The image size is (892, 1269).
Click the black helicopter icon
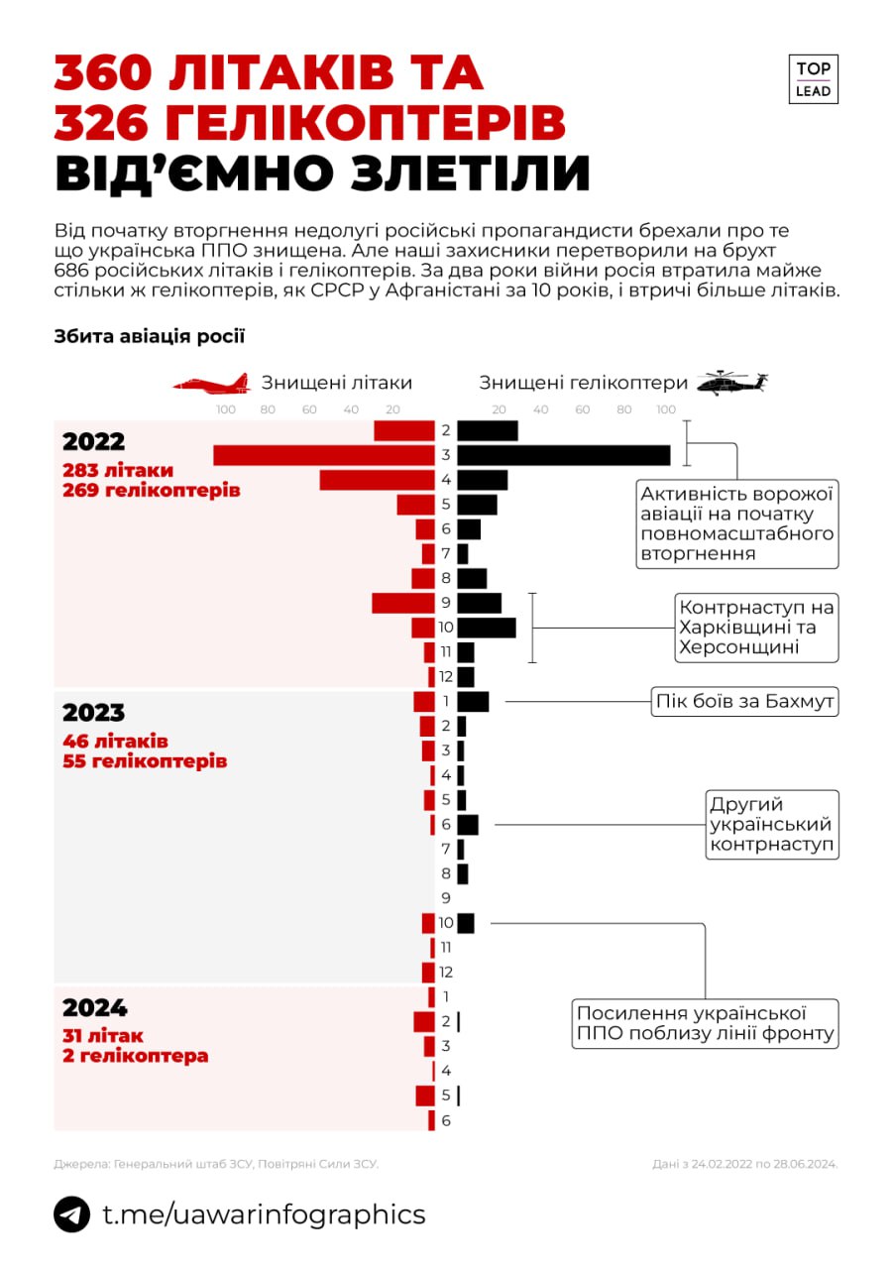coord(732,383)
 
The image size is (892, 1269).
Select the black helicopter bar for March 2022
coord(564,455)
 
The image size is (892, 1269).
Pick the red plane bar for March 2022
coord(324,455)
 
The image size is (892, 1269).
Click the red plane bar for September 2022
coord(403,603)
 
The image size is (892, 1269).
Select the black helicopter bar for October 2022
coord(487,628)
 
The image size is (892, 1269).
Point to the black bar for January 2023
coord(473,702)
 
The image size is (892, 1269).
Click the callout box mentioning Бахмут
coord(743,702)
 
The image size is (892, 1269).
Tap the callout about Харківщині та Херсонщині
coord(755,628)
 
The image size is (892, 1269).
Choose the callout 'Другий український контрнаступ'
coord(770,825)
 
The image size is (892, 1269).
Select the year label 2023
coord(93,713)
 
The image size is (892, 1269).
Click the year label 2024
coord(95,1008)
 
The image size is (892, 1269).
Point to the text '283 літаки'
coord(117,470)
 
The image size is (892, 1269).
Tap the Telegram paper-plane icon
coord(71,1214)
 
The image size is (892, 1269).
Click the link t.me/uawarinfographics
coord(264,1214)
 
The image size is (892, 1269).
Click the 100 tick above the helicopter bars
coord(665,410)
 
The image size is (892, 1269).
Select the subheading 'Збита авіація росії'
coord(149,336)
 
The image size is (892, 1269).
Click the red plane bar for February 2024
coord(424,1021)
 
